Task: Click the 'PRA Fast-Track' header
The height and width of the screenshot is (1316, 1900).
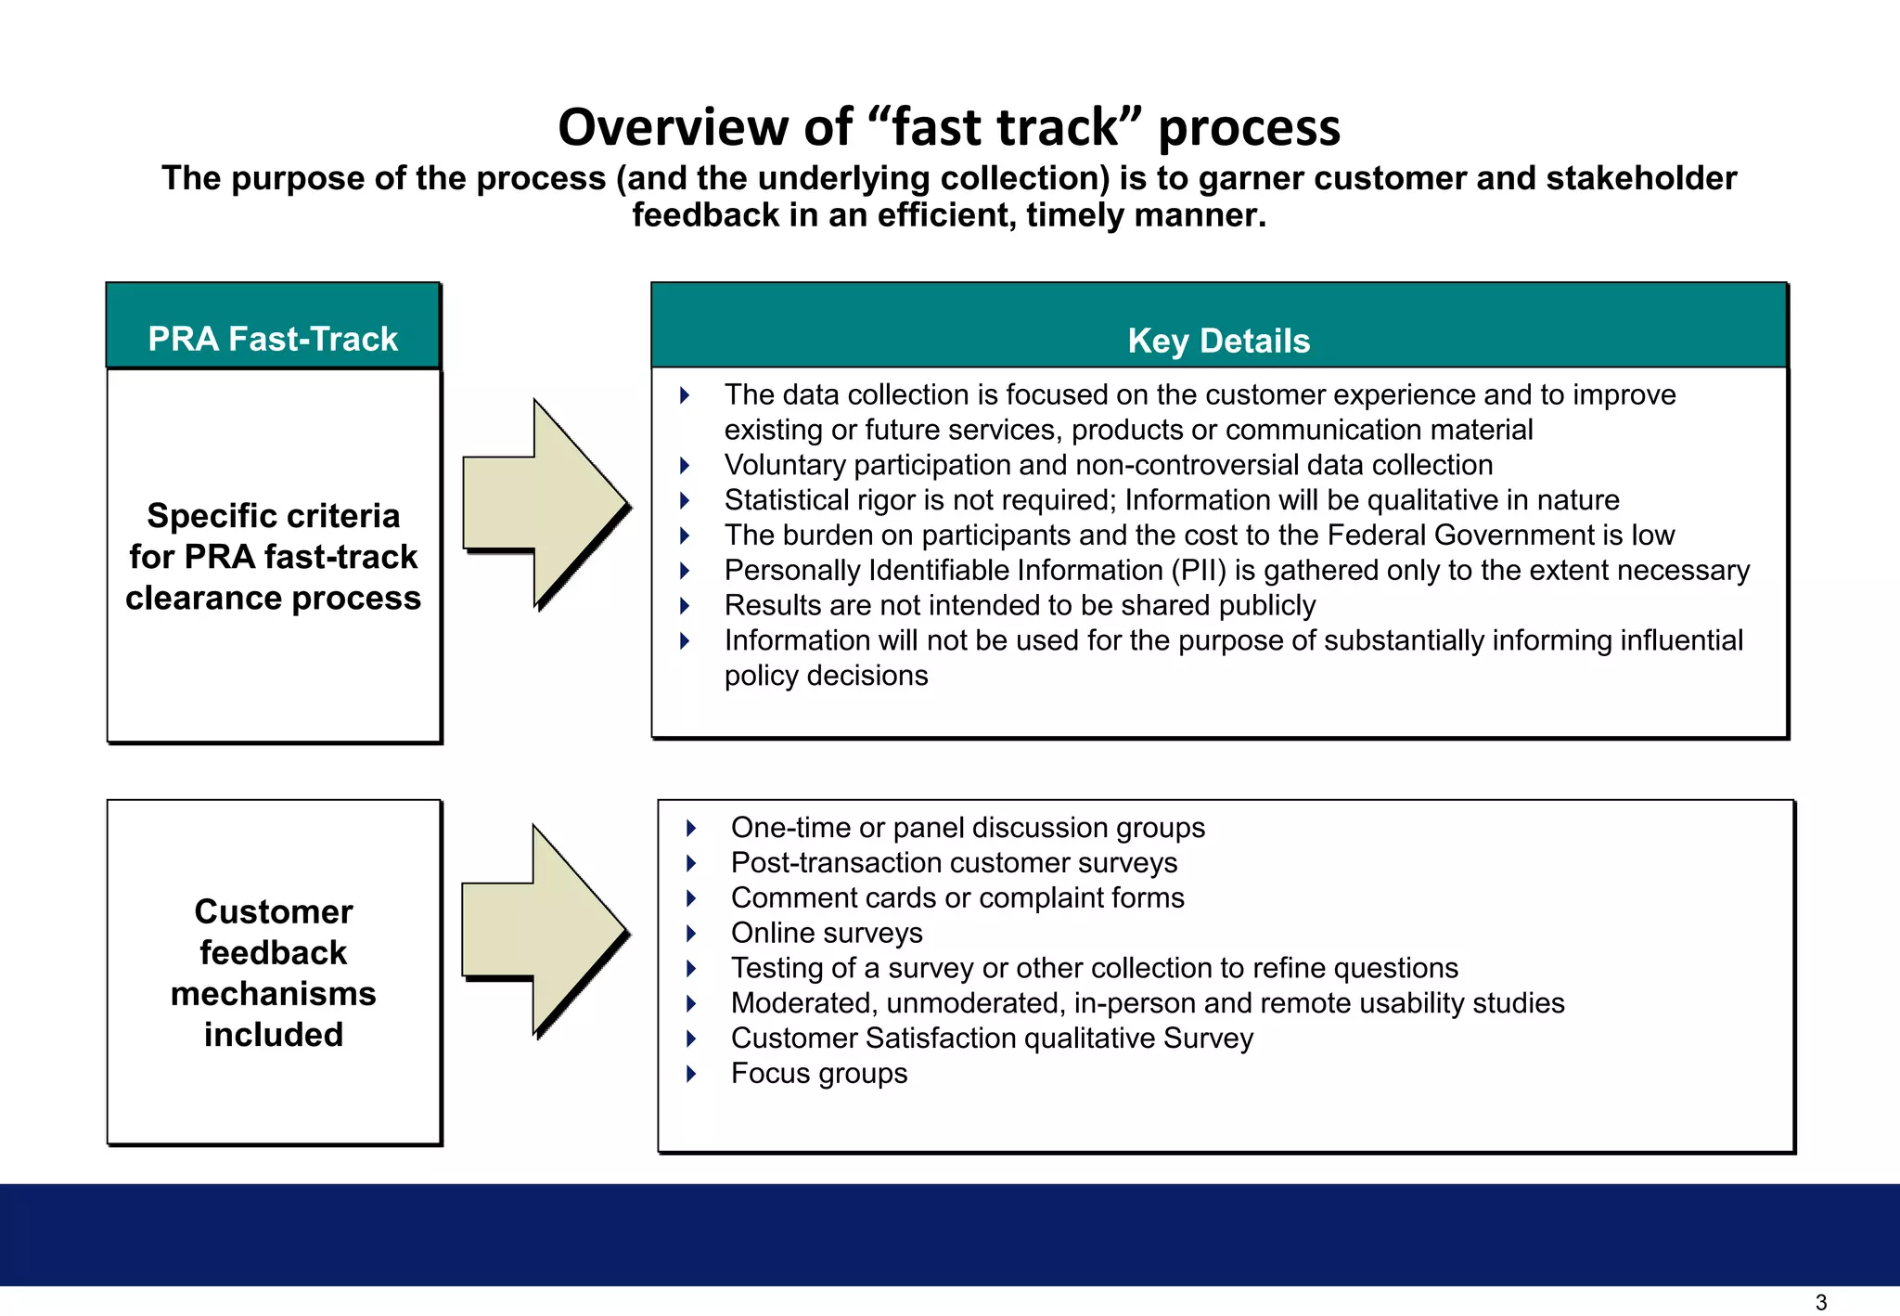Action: click(273, 339)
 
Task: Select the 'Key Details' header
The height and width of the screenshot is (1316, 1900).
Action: click(1218, 341)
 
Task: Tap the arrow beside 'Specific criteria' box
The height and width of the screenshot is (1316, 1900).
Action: click(546, 504)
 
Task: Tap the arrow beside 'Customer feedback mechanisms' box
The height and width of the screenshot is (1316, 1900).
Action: click(545, 930)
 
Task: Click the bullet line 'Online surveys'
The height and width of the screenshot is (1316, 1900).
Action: click(827, 933)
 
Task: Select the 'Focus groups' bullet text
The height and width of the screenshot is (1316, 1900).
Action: click(819, 1073)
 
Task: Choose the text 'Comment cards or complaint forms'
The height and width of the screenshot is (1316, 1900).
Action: click(957, 897)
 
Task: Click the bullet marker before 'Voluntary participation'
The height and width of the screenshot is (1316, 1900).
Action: click(685, 465)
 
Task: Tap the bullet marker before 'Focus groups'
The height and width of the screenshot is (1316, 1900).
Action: click(691, 1074)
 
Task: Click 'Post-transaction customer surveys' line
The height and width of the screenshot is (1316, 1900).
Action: click(954, 862)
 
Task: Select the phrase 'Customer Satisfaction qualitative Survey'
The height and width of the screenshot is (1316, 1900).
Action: click(992, 1038)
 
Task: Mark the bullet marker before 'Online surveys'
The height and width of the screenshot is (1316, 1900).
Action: click(691, 934)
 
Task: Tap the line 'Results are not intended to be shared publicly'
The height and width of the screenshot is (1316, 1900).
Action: click(1020, 605)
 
